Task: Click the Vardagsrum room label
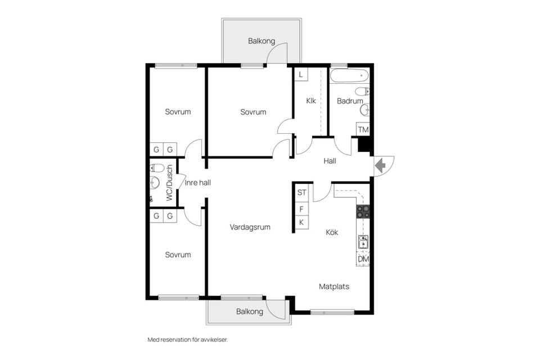tap(250, 227)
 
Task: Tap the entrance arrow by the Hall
tap(380, 165)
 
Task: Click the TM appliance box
tap(363, 129)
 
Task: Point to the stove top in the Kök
tap(363, 211)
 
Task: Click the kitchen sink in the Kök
tap(363, 242)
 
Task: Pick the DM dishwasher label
tap(363, 259)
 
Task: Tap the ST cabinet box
tap(301, 192)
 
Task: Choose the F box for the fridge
tap(301, 209)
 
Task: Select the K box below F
tap(301, 223)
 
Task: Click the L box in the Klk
tap(300, 74)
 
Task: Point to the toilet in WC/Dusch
tap(157, 168)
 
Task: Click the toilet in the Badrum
tap(362, 91)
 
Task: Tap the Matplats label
tap(334, 287)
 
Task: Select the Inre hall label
tap(197, 183)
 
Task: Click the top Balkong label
tap(262, 41)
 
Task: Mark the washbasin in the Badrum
tap(364, 110)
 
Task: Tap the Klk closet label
tap(310, 101)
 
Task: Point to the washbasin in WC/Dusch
tap(155, 182)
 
